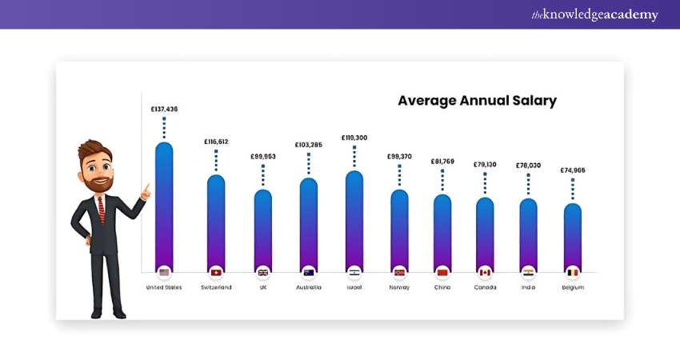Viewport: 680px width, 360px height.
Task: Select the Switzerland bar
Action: pyautogui.click(x=216, y=220)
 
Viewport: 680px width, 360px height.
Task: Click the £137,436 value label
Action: pyautogui.click(x=164, y=109)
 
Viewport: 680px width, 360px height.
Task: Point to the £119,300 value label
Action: pyautogui.click(x=354, y=138)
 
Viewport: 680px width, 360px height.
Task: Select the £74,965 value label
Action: pyautogui.click(x=572, y=170)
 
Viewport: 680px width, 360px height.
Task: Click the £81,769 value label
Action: pyautogui.click(x=442, y=162)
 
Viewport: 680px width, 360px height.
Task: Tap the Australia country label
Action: pyautogui.click(x=308, y=287)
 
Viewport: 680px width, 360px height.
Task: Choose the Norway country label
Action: pyautogui.click(x=399, y=287)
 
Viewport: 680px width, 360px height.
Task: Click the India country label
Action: pyautogui.click(x=528, y=287)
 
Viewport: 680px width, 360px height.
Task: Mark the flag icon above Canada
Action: pyautogui.click(x=484, y=272)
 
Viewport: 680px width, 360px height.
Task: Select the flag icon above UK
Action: pyautogui.click(x=262, y=272)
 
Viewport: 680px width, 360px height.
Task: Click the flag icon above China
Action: pyautogui.click(x=442, y=272)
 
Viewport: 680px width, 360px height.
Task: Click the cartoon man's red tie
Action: pyautogui.click(x=101, y=209)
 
